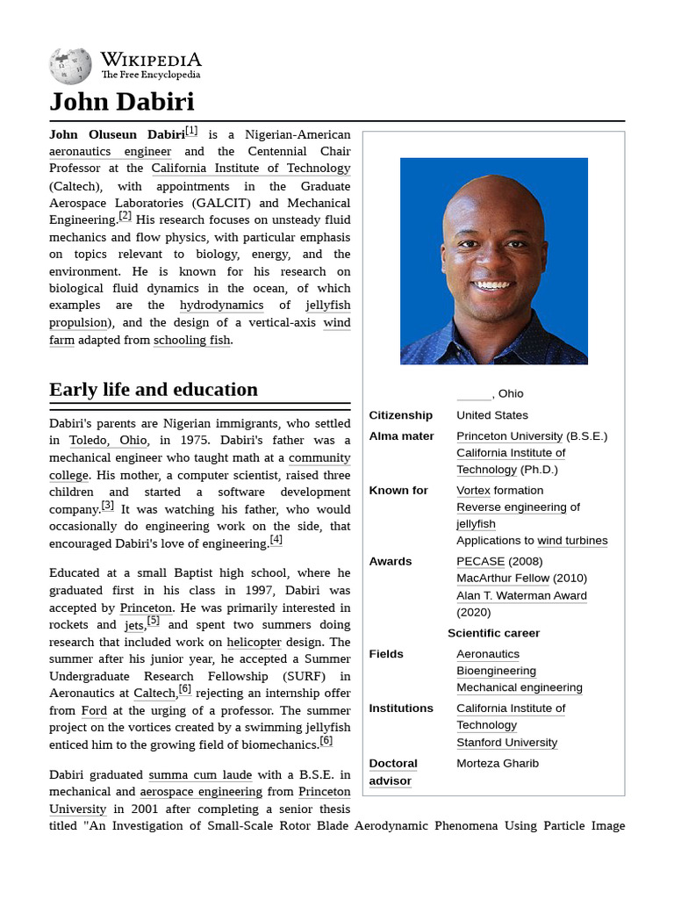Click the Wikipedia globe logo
(x=70, y=66)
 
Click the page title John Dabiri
(x=121, y=102)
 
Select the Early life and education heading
(x=154, y=390)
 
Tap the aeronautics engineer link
(x=110, y=151)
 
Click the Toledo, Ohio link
(x=109, y=441)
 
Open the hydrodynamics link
(x=221, y=306)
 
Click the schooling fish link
(x=192, y=340)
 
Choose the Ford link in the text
(x=94, y=710)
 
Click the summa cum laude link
(x=200, y=774)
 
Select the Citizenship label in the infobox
(x=400, y=415)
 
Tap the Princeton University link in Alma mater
(x=509, y=436)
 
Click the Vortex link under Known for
(x=473, y=491)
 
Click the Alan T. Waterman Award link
(x=521, y=595)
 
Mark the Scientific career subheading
(x=493, y=633)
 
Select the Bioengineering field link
(x=496, y=672)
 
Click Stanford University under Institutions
(x=506, y=743)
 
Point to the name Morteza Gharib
(x=498, y=764)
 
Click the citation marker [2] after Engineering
(x=125, y=217)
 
